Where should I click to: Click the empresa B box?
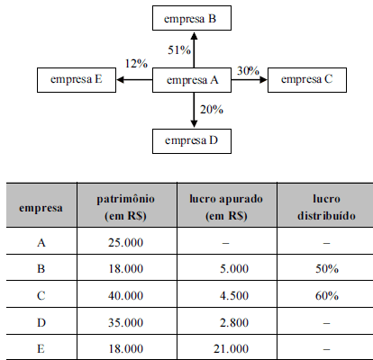[192, 18]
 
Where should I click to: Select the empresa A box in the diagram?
[192, 80]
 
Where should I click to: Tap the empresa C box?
[307, 80]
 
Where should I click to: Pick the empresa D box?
[192, 141]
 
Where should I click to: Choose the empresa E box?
[77, 80]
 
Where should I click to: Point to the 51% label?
[179, 49]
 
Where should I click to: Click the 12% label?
[136, 64]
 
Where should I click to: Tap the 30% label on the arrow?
[248, 71]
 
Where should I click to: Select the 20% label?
[212, 110]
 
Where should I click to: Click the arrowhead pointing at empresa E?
[120, 80]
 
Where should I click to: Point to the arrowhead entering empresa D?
[194, 124]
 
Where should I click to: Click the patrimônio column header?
[125, 207]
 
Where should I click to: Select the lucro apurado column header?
[226, 207]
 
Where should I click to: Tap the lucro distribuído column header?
[326, 207]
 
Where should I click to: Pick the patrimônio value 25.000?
[125, 242]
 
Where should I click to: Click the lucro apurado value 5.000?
[234, 268]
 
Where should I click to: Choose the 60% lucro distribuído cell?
[327, 296]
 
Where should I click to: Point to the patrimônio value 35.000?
[125, 322]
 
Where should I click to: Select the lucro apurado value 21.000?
[231, 348]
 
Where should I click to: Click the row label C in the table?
[41, 296]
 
